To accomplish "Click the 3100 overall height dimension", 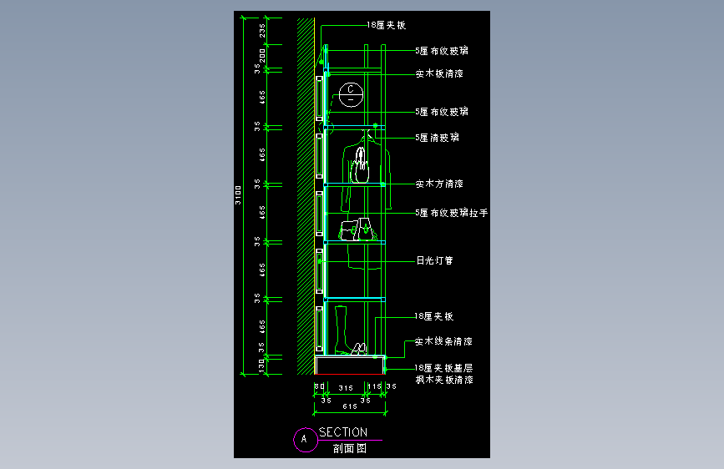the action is [238, 194].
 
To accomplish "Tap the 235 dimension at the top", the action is [262, 31].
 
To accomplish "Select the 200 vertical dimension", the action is [262, 56].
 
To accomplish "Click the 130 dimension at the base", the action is [262, 365].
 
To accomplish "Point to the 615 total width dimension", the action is [349, 406].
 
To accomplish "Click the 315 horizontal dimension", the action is [346, 387].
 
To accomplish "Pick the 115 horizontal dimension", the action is [377, 387].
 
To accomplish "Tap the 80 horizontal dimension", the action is [318, 387].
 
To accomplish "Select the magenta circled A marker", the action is [304, 438].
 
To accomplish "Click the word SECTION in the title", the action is [342, 432].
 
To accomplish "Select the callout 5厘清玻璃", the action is [437, 138].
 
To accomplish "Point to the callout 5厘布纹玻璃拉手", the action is [451, 214].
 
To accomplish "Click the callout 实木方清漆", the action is [439, 184].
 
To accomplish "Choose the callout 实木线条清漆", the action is [443, 341].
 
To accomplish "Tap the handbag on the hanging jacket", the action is [362, 168].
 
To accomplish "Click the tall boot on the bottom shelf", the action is [342, 330].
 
